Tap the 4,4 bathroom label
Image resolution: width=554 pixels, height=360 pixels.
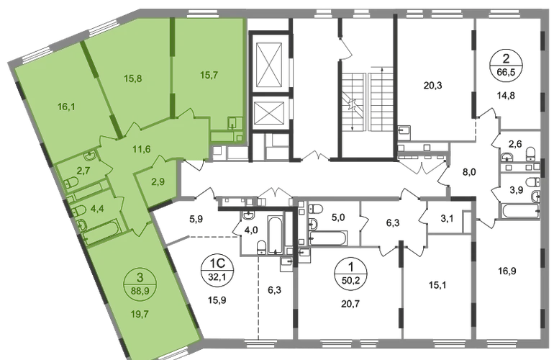95,210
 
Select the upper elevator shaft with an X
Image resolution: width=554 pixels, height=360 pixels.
268,68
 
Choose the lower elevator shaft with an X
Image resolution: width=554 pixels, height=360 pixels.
268,115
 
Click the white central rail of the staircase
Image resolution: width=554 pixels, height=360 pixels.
368,102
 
